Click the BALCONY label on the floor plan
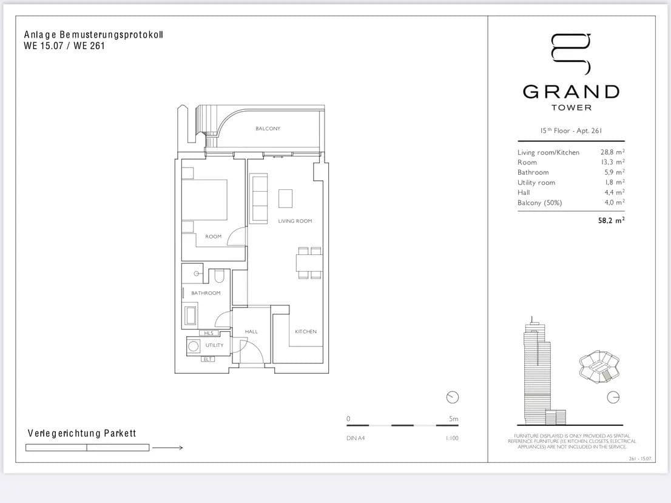[x=268, y=129]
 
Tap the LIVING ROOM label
[x=295, y=221]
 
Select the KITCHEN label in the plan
[x=306, y=332]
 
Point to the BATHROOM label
[x=206, y=293]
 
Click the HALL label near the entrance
[x=251, y=332]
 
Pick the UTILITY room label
[x=214, y=345]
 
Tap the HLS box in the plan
[x=209, y=333]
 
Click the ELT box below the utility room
[x=208, y=359]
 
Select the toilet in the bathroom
[x=220, y=276]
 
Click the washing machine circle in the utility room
[x=194, y=346]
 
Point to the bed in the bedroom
[x=205, y=200]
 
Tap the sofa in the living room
[x=259, y=198]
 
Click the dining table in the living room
[x=309, y=263]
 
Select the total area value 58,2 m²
[x=611, y=221]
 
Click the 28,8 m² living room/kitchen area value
[x=612, y=152]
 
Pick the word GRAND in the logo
[x=571, y=92]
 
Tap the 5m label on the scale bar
[x=453, y=419]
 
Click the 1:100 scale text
[x=452, y=439]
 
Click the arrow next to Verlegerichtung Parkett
[x=167, y=448]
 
